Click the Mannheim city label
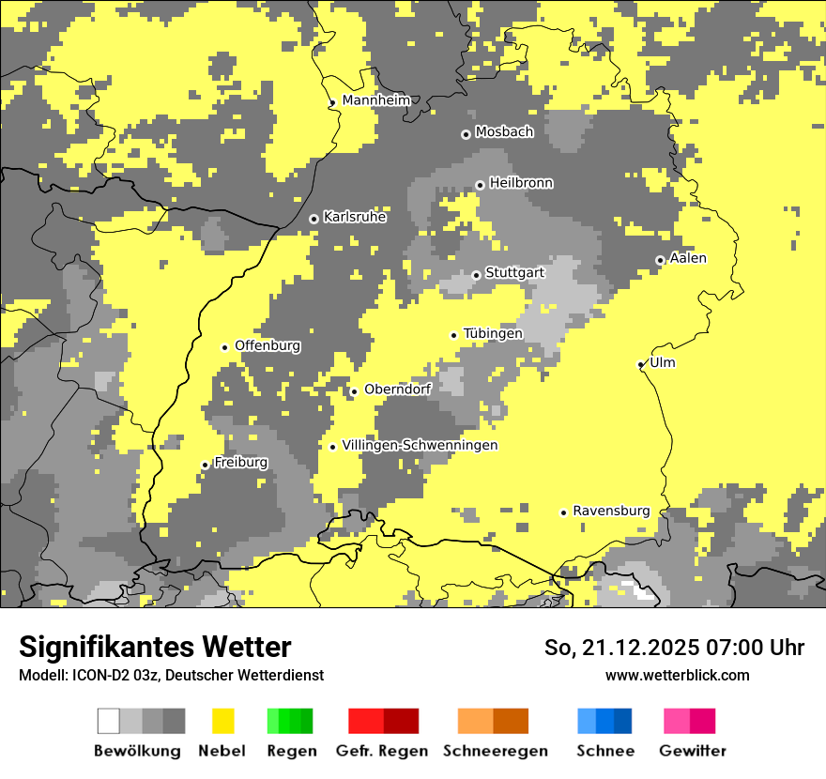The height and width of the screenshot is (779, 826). coord(376,100)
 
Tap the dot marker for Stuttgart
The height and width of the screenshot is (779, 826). coord(477,275)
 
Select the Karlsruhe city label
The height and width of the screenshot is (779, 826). coord(355,217)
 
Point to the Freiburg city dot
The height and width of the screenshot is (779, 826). coord(205,465)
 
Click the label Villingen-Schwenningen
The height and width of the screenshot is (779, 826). coord(420,445)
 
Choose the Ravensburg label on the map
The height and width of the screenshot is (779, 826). coord(611,511)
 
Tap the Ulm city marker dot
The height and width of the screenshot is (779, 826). coord(641,364)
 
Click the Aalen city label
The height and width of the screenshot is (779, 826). coord(688,258)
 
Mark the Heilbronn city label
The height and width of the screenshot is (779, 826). coord(521,183)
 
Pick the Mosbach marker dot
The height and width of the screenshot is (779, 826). coord(466,134)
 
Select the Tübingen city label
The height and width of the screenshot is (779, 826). coord(493,333)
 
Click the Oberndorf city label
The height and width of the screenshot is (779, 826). coord(397,389)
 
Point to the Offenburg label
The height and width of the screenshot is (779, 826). coord(268,345)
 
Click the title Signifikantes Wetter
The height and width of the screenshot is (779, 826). coord(155,647)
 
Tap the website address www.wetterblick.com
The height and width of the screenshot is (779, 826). coord(677,675)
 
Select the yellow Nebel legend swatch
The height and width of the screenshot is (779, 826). coord(222,721)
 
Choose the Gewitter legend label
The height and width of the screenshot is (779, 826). coord(692,751)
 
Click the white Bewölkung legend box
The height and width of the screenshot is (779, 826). coord(109,721)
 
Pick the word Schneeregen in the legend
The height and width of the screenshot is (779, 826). coord(495,751)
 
